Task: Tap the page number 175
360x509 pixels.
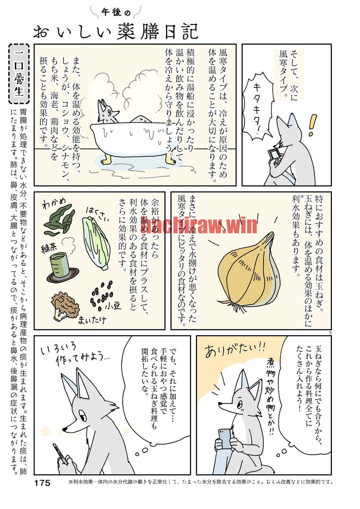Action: [42, 483]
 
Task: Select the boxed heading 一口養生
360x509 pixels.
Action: [19, 74]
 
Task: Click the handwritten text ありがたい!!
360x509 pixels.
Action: [235, 350]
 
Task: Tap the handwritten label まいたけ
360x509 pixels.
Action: [92, 320]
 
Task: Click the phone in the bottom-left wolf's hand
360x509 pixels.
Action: [60, 454]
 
